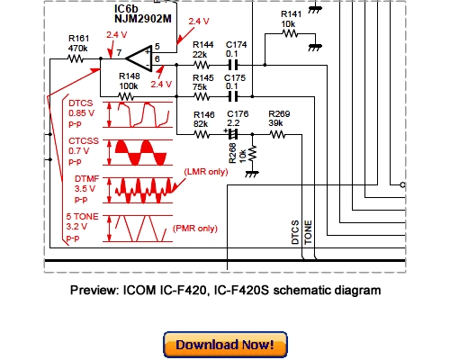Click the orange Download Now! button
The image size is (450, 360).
pyautogui.click(x=225, y=346)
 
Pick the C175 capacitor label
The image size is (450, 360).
pyautogui.click(x=236, y=78)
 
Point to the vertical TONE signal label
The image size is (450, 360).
pyautogui.click(x=308, y=233)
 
